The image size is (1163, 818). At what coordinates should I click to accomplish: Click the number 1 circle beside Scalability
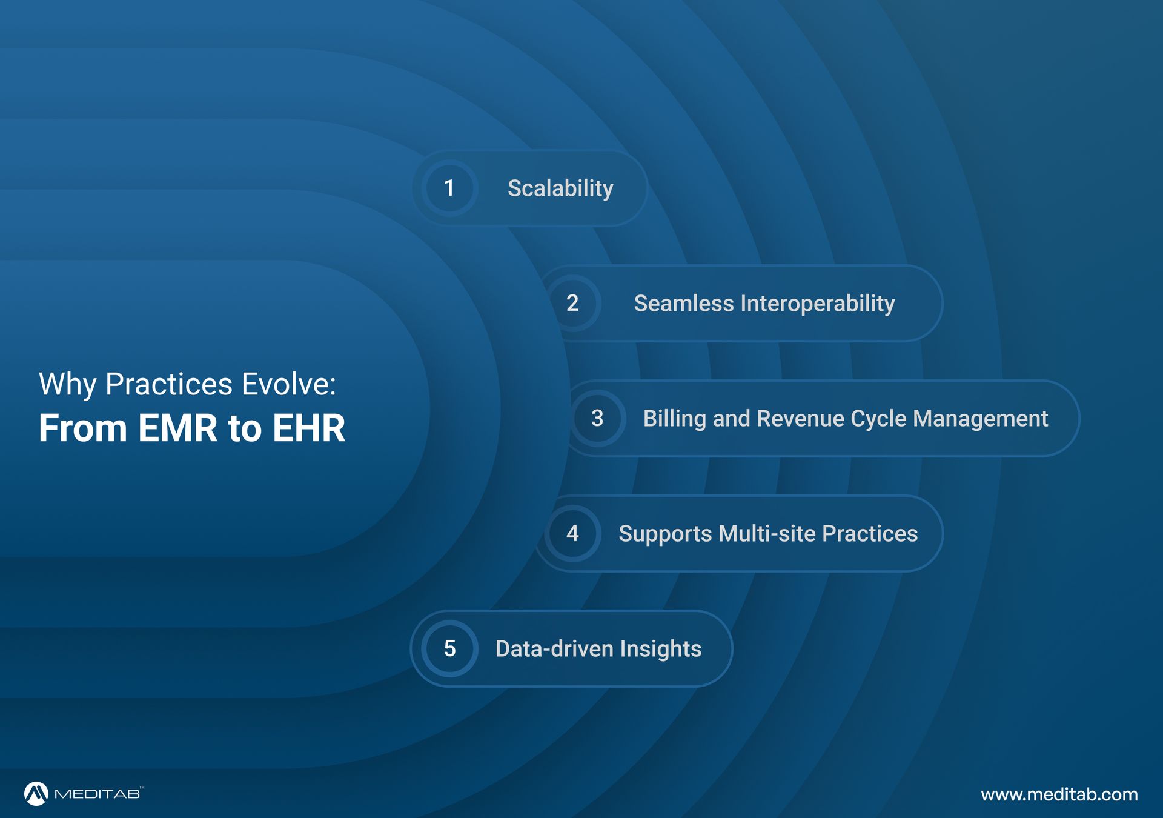(x=449, y=188)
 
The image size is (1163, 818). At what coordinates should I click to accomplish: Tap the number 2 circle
(x=572, y=303)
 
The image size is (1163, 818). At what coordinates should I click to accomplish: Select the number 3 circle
(x=597, y=418)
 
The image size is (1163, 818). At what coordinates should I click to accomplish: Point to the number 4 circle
(x=572, y=533)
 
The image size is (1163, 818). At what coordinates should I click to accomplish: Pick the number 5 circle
(x=449, y=648)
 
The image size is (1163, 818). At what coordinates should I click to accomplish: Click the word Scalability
(x=560, y=188)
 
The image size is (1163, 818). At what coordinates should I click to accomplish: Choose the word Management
(x=981, y=419)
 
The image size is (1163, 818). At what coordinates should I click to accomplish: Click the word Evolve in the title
(x=288, y=384)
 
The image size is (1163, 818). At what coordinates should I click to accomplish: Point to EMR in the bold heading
(x=177, y=428)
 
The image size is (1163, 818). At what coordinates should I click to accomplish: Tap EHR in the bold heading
(x=309, y=428)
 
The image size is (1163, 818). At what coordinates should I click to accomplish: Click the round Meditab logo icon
(x=36, y=794)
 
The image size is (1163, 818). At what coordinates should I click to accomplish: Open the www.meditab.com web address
(x=1059, y=794)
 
